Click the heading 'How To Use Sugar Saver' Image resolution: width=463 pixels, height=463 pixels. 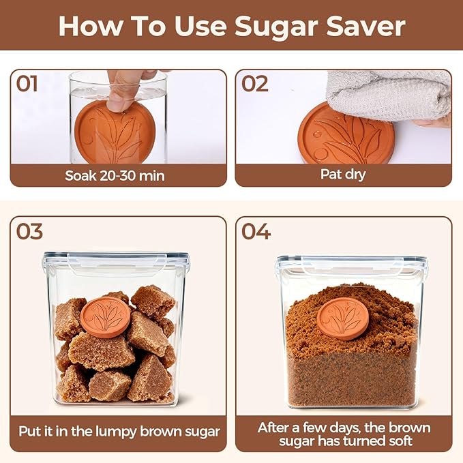tap(231, 26)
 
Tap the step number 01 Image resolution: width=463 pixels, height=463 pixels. tap(27, 85)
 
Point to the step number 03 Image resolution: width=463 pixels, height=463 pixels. tap(29, 231)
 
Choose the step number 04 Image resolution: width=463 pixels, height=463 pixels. tap(256, 231)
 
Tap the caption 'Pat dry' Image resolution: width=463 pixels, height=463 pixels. tap(343, 175)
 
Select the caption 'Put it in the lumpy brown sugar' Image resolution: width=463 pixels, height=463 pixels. tap(118, 431)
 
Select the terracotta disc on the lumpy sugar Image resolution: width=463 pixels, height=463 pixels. tap(105, 316)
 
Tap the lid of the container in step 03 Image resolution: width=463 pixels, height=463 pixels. tap(116, 259)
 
